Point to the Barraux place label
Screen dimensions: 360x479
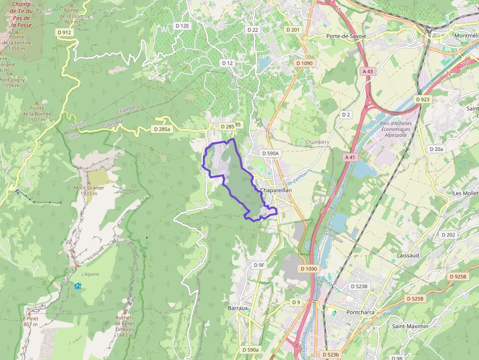(x=238, y=308)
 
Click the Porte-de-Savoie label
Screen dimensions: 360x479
(x=346, y=36)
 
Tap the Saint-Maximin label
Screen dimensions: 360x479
(x=410, y=326)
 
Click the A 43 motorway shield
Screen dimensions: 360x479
(x=368, y=71)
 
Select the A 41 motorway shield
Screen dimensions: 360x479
(x=350, y=157)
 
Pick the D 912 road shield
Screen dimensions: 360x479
(x=64, y=32)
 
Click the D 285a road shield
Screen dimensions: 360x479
(x=161, y=129)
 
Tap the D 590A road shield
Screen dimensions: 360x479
(x=270, y=153)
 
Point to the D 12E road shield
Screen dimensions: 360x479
(x=182, y=25)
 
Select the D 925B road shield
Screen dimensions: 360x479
(x=457, y=276)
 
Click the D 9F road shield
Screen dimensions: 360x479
(x=259, y=265)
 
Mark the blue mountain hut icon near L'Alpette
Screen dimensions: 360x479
(x=77, y=286)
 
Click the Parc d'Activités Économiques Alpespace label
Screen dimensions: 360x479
(x=396, y=129)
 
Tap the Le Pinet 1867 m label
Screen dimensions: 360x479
(x=29, y=321)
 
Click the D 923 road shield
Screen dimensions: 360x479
(x=422, y=99)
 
